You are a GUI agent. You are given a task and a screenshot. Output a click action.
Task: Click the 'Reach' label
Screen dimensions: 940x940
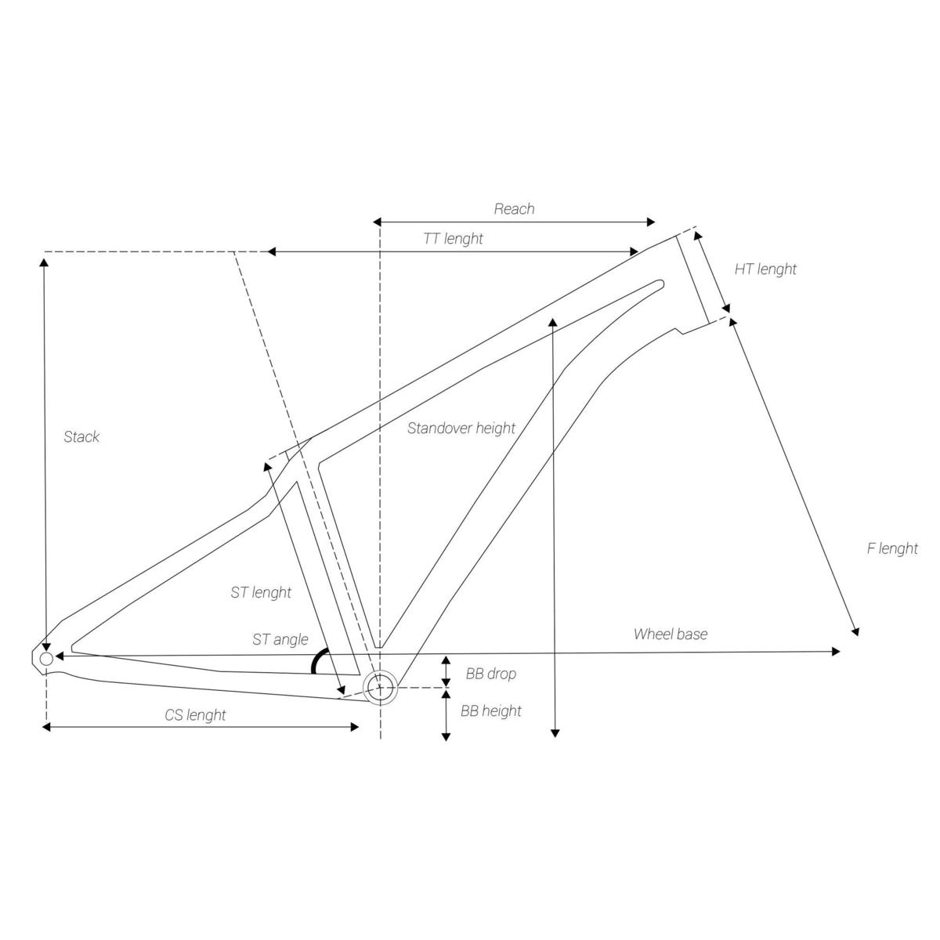point(514,209)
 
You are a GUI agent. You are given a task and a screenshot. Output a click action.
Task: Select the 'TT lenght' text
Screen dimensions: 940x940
point(453,239)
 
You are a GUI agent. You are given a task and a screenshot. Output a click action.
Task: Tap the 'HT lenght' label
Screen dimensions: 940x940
point(765,269)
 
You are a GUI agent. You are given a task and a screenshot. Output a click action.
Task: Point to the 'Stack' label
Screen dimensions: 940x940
point(81,436)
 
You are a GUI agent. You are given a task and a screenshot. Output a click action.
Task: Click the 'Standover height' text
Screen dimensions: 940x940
point(461,428)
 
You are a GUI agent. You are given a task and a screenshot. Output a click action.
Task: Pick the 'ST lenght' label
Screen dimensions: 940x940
point(261,592)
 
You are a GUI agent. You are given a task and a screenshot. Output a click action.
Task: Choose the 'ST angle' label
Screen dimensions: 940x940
point(280,639)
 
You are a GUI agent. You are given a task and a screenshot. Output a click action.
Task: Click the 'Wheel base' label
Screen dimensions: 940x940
point(671,634)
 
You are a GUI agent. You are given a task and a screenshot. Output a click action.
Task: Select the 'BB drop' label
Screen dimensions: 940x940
point(490,674)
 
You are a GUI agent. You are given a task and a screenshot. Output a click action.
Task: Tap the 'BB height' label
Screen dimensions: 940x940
point(490,711)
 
